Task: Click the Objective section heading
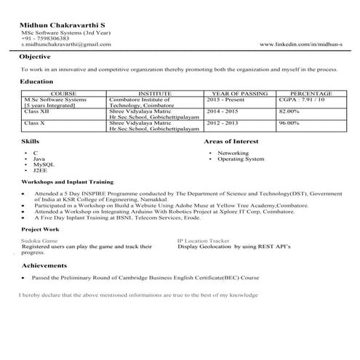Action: pyautogui.click(x=35, y=57)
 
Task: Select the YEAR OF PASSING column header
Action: pyautogui.click(x=239, y=94)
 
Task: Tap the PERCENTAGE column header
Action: pyautogui.click(x=311, y=94)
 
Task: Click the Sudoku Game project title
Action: pyautogui.click(x=39, y=239)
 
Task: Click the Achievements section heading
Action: pyautogui.click(x=44, y=267)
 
